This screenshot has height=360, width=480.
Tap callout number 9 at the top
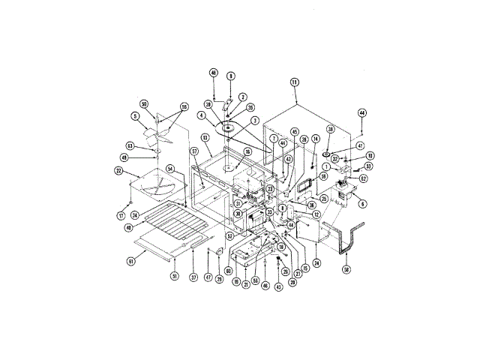tap(231, 76)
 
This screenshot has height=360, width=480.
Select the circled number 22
tap(118, 170)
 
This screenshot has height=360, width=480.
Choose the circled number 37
tap(193, 277)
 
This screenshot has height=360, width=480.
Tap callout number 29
tap(219, 279)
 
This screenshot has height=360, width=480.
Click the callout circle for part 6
tap(362, 202)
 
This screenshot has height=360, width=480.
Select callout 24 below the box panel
tap(316, 262)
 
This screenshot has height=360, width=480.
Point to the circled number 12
tap(316, 215)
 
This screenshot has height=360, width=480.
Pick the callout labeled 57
tap(193, 151)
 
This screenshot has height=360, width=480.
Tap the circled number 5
tap(135, 116)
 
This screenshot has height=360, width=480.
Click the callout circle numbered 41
tap(360, 146)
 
